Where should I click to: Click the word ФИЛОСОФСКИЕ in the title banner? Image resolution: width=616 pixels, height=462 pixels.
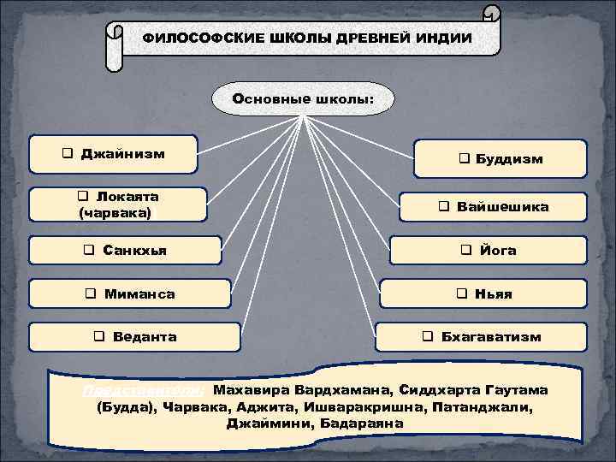[191, 38]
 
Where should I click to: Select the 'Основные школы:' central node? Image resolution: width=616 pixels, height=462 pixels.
[303, 98]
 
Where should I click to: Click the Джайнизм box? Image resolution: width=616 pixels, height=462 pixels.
[114, 155]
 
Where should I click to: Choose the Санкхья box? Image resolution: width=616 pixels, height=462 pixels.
[125, 251]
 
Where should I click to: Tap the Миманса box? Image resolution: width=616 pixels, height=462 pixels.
[130, 293]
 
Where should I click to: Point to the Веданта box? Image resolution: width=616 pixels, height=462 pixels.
[134, 337]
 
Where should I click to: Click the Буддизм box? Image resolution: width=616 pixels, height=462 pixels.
[501, 159]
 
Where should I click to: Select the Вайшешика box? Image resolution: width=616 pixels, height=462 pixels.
[493, 207]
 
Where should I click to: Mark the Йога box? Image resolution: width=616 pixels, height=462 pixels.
[489, 251]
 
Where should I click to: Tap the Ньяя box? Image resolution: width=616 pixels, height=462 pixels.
[484, 293]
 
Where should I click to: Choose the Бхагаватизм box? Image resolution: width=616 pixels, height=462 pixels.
[482, 337]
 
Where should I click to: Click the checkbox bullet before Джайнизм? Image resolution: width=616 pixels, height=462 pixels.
[67, 155]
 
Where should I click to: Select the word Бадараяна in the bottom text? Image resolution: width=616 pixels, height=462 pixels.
[367, 423]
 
